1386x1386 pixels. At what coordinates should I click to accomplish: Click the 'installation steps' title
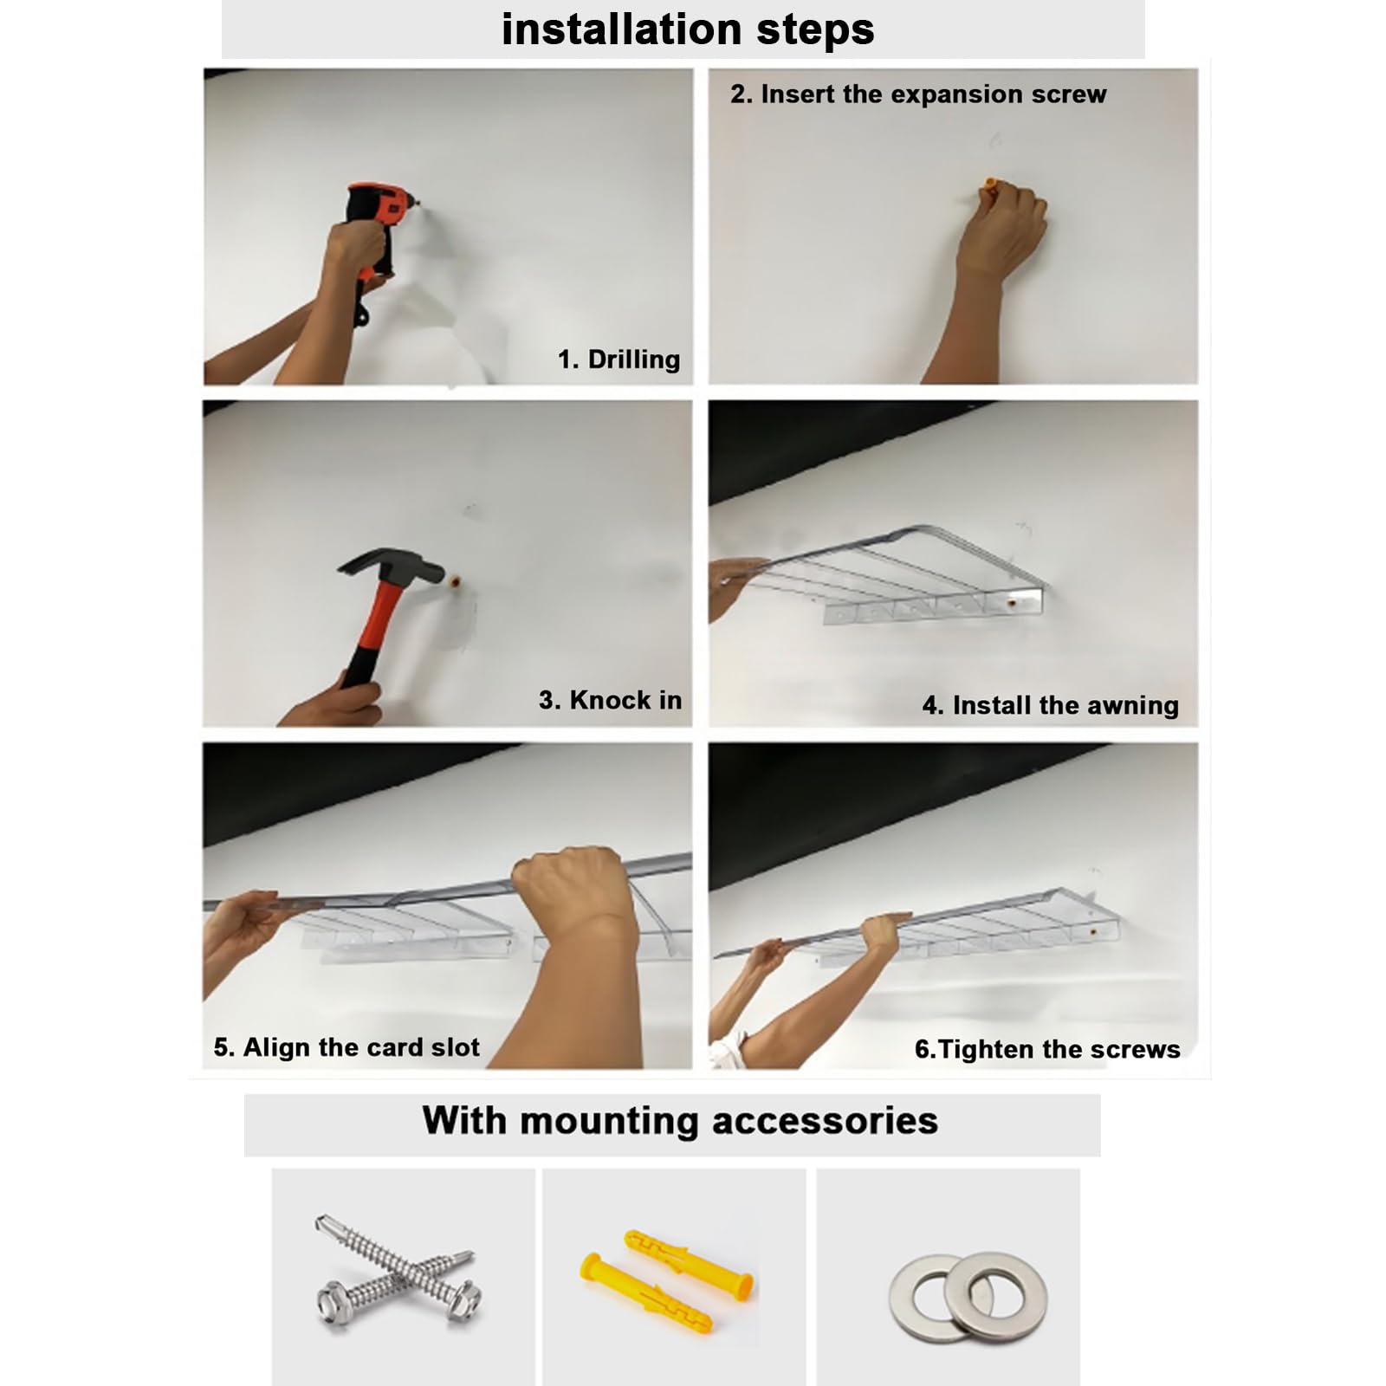click(x=688, y=29)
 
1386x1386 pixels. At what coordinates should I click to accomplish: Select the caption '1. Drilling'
click(x=619, y=359)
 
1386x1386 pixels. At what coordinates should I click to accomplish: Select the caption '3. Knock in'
click(x=610, y=700)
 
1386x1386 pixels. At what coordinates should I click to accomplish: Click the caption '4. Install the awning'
click(x=1050, y=706)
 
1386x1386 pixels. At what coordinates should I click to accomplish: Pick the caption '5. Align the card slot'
click(x=346, y=1047)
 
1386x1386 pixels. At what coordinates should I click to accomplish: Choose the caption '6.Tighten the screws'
click(x=1047, y=1049)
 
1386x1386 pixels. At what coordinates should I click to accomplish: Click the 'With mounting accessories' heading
click(x=680, y=1120)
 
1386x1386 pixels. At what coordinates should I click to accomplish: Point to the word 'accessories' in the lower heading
click(x=825, y=1121)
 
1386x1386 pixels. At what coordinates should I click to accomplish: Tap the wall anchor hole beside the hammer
click(x=455, y=580)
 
